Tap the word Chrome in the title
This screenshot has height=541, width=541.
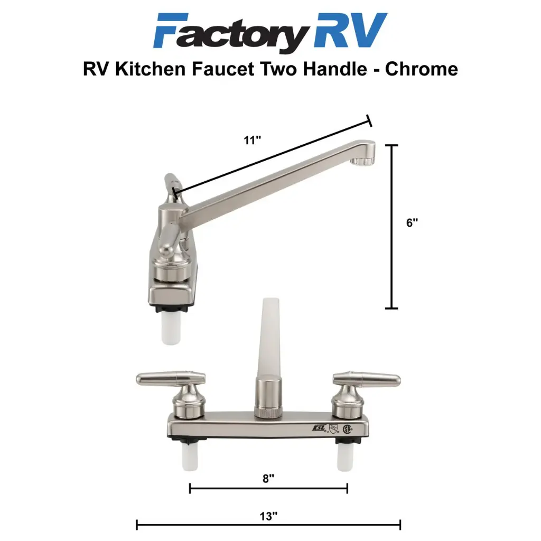[421, 69]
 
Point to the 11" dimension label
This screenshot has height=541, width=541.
[253, 141]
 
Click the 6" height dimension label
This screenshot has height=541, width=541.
[413, 223]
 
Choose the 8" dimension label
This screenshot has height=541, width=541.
[268, 479]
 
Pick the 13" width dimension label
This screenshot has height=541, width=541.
[268, 515]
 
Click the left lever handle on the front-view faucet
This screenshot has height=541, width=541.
[170, 379]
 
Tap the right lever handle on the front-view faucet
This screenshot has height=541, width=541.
[367, 379]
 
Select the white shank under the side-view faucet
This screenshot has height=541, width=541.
[170, 330]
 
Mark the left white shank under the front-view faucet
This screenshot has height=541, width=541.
[190, 456]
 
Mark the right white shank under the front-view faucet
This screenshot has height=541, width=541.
[346, 456]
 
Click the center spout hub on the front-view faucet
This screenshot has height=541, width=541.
[268, 396]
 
